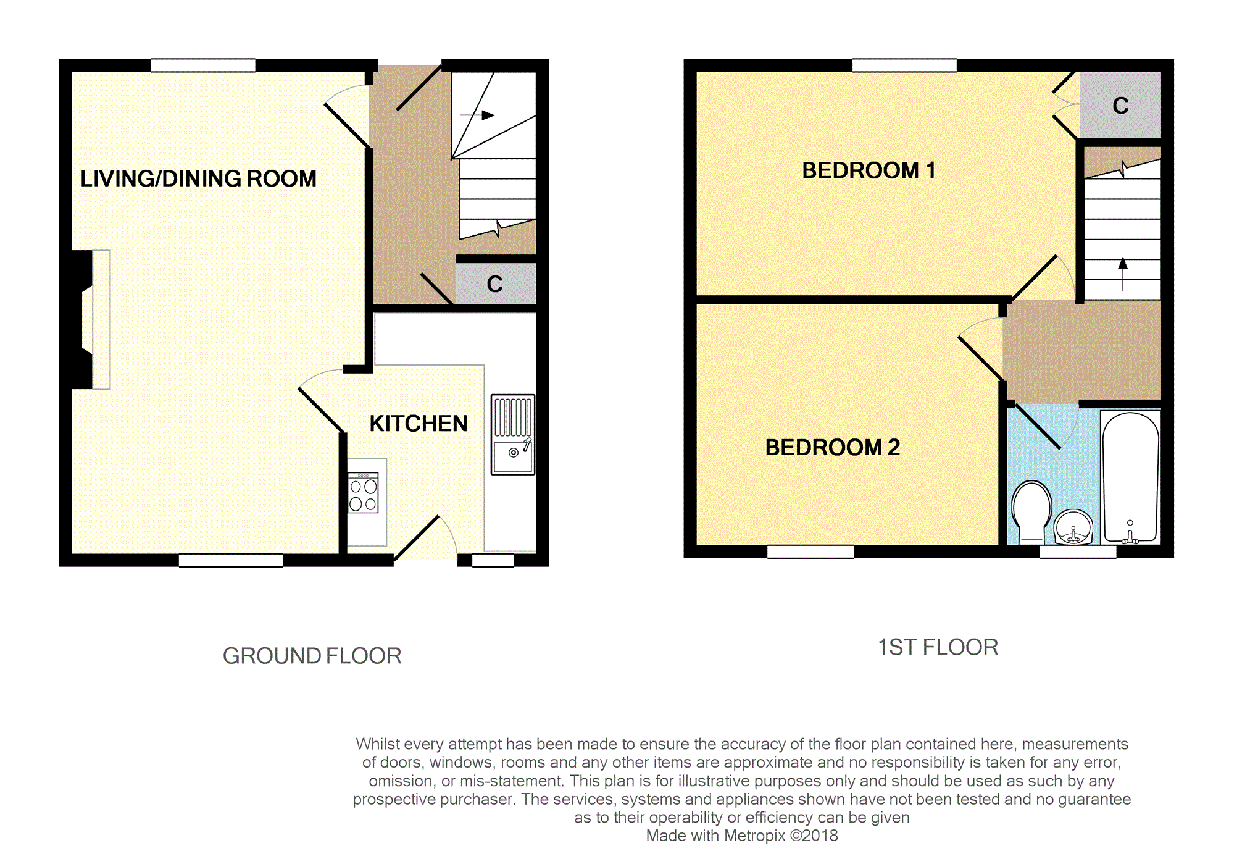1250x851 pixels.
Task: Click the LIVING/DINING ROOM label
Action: pos(198,178)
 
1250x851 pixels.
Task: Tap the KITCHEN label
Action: pos(419,424)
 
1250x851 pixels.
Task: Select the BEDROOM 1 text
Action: pos(869,170)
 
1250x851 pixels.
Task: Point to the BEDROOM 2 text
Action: pos(832,447)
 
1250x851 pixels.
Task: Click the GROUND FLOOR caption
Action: pos(312,656)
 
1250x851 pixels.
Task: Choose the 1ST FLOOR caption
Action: pos(938,647)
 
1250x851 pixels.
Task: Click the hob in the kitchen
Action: pos(363,493)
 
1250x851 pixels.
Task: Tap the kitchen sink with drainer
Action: pos(513,435)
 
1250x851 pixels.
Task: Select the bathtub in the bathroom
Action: pos(1131,477)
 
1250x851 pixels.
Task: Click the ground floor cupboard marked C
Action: pos(496,283)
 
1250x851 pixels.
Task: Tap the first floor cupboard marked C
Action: pos(1120,105)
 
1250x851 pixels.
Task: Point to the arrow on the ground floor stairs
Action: pos(477,115)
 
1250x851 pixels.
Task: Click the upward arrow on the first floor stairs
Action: pos(1123,274)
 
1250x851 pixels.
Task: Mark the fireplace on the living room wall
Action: pos(91,320)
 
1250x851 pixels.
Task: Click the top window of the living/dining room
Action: pos(203,65)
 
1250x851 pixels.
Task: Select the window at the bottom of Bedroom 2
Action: pos(810,551)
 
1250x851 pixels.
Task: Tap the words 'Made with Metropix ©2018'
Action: pos(742,836)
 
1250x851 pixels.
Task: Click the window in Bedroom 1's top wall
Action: pos(904,65)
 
